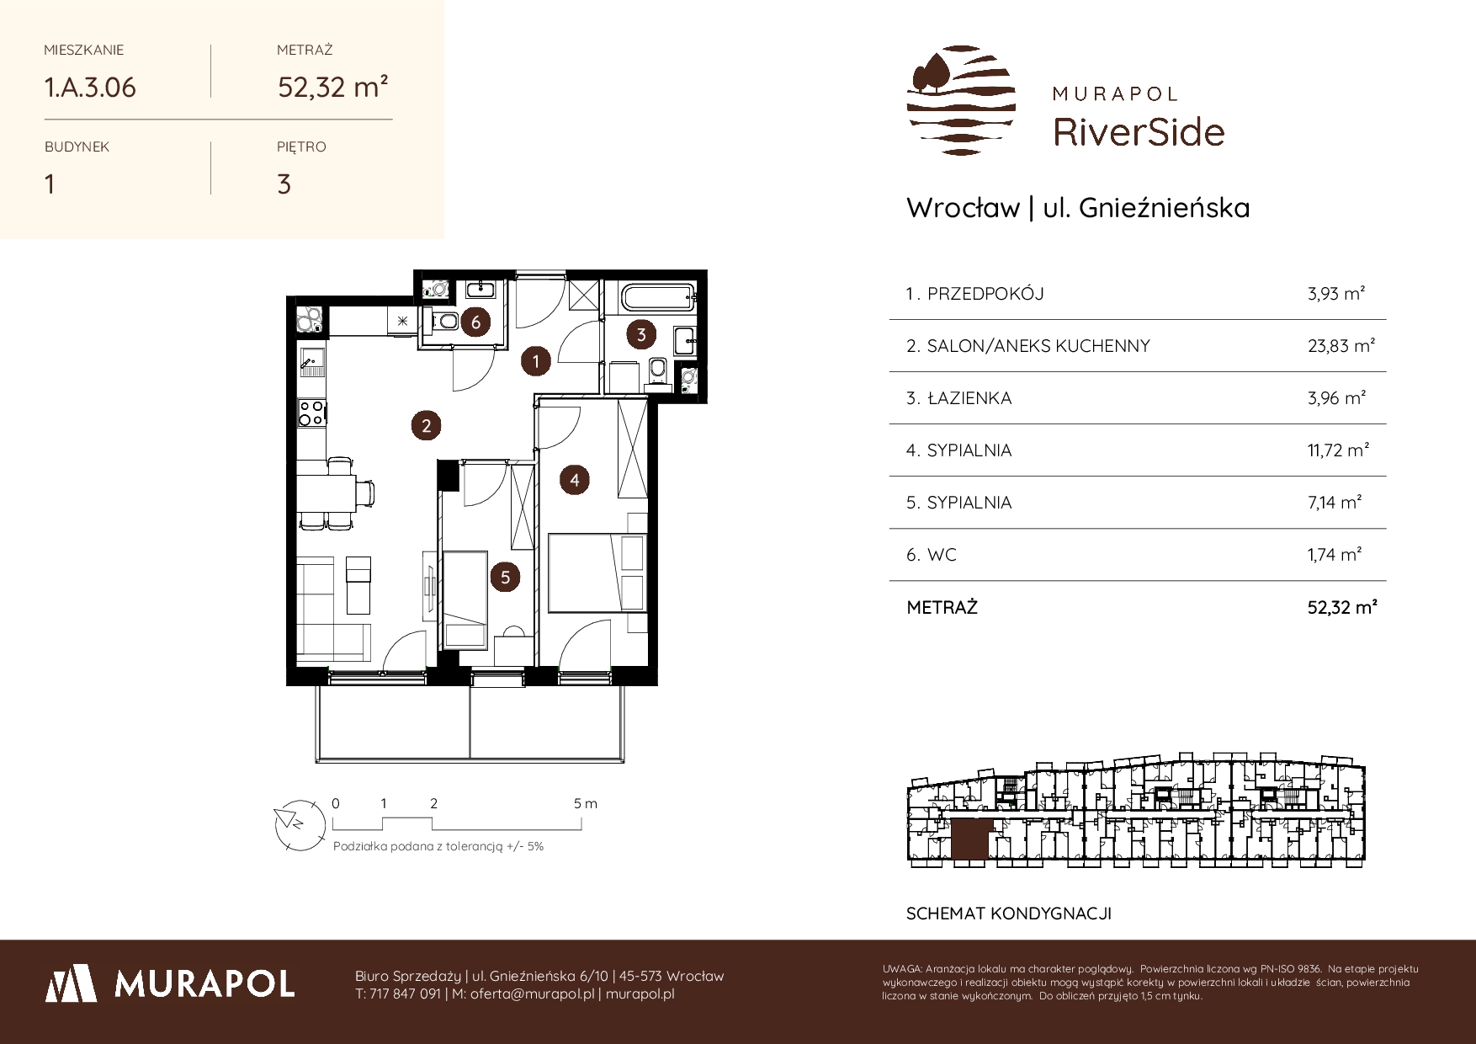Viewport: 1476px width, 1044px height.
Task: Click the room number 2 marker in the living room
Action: (426, 425)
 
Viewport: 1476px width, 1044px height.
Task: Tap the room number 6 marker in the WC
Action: (476, 322)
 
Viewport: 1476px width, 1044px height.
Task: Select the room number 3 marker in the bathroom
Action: (641, 334)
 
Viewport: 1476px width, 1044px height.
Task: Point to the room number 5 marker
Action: (505, 577)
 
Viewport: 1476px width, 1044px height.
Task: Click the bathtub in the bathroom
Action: (652, 296)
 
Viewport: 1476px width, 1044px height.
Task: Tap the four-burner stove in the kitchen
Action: (311, 412)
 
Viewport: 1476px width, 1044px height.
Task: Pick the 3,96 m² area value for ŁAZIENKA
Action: (1336, 398)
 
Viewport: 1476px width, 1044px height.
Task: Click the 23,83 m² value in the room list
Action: (1341, 346)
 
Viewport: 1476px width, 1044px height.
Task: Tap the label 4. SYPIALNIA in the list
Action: (958, 450)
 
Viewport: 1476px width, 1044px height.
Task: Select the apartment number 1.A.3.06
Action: (90, 88)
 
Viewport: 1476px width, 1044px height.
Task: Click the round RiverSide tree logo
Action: (961, 101)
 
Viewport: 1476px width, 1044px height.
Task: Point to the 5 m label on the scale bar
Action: (586, 803)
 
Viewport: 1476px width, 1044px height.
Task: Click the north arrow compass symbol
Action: (299, 822)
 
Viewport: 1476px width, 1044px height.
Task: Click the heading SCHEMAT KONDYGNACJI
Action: (1009, 913)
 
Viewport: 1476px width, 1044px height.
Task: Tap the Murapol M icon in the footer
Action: (71, 983)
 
